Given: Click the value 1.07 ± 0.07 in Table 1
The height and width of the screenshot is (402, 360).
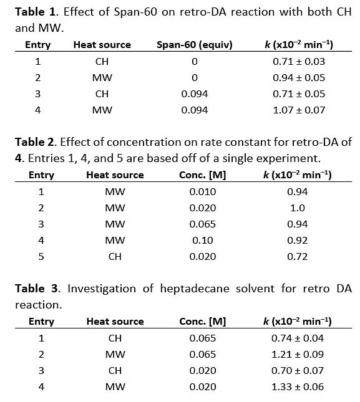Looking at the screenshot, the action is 299,110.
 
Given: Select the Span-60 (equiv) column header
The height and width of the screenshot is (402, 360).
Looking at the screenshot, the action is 195,45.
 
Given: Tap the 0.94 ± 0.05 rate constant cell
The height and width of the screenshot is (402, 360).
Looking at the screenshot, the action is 299,78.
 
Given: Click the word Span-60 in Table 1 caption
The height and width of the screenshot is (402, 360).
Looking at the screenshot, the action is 135,12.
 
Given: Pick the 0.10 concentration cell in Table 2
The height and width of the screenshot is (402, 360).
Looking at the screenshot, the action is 203,241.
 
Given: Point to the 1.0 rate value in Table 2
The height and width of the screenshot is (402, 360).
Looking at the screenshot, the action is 298,208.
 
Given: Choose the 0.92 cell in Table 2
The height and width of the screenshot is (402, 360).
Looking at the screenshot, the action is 298,241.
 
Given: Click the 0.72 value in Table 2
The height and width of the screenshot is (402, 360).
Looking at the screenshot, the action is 298,257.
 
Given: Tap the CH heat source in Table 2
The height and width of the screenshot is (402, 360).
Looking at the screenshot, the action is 115,257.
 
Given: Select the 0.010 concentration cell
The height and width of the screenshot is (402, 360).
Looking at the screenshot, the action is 203,192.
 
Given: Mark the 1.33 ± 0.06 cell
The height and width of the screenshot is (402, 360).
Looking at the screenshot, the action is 298,387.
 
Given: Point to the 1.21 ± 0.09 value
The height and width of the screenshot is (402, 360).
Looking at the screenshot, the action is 298,355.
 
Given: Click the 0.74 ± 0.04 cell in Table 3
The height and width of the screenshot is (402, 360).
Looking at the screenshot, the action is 298,338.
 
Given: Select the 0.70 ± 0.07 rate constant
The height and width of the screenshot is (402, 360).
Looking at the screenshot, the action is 298,371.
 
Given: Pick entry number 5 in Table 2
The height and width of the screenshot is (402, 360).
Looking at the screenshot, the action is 41,257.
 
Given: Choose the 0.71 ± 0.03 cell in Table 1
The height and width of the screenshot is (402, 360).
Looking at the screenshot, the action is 299,62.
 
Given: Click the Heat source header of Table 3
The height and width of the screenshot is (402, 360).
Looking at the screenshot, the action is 115,322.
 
